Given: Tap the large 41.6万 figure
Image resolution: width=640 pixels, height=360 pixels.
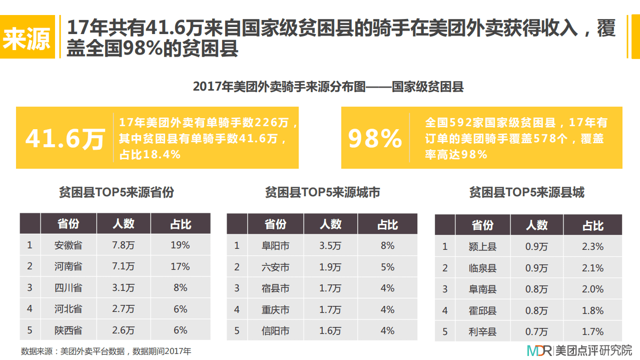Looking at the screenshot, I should click(65, 139).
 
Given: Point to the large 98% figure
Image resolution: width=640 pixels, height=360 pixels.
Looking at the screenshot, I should click(375, 139).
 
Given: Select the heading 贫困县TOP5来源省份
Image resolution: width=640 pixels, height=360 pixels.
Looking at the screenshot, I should click(116, 192).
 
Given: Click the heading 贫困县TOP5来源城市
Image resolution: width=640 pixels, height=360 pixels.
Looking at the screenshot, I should click(322, 192).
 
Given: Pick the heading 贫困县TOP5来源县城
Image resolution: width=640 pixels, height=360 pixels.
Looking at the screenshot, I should click(526, 192).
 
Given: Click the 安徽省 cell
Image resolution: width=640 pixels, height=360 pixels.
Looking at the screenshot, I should click(69, 245).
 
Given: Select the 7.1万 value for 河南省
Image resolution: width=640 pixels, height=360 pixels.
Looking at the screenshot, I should click(124, 266).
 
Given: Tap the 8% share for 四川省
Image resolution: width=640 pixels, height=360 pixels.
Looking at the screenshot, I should click(180, 288).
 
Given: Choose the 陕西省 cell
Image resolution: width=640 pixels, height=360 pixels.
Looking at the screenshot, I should click(69, 330).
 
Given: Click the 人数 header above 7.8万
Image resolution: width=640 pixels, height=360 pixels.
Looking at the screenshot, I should click(124, 223).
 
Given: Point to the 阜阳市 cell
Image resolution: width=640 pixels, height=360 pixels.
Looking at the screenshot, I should click(276, 246).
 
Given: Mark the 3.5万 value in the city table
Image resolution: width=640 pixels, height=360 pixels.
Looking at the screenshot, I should click(330, 246).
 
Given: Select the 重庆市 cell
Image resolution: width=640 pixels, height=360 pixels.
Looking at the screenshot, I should click(276, 310).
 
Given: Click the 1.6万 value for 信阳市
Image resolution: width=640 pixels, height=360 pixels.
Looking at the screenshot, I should click(330, 331).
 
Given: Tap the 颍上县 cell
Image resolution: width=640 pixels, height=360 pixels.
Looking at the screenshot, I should click(483, 247).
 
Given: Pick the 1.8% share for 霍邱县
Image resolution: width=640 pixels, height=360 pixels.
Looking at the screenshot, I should click(592, 311).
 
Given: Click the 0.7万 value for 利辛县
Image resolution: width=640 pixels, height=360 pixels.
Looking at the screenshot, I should click(537, 332).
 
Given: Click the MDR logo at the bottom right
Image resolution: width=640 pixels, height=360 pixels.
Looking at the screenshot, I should click(539, 350).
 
